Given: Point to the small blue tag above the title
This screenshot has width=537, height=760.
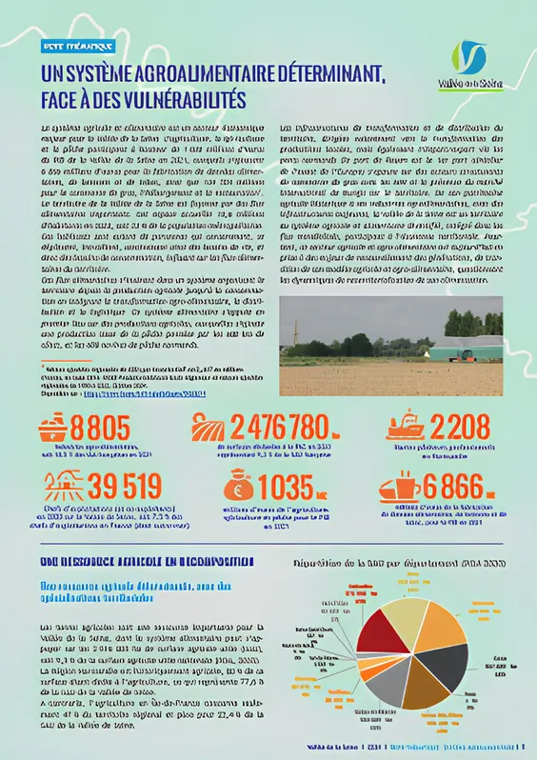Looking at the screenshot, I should coord(78,45).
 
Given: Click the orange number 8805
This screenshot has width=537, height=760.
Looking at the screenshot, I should coord(99,427).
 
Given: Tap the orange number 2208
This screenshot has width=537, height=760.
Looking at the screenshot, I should coord(461,426).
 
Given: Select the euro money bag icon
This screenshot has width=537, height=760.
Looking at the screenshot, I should coord(238,487).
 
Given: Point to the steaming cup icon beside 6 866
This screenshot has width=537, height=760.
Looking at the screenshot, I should coord(400,487).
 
